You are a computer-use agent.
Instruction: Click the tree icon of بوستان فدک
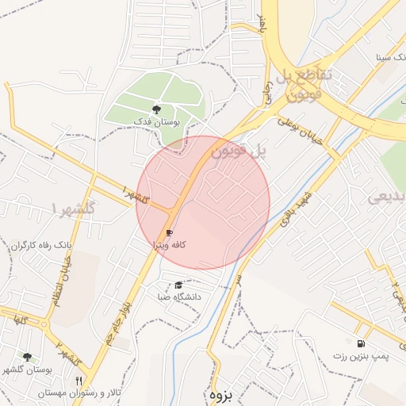coord(155,109)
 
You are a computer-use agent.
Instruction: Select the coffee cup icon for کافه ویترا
coord(168,233)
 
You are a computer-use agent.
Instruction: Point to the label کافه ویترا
coord(168,245)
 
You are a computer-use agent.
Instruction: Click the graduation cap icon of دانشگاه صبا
coord(178,285)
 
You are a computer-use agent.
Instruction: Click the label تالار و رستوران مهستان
coord(82,393)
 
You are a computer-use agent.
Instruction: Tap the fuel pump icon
coord(362,344)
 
